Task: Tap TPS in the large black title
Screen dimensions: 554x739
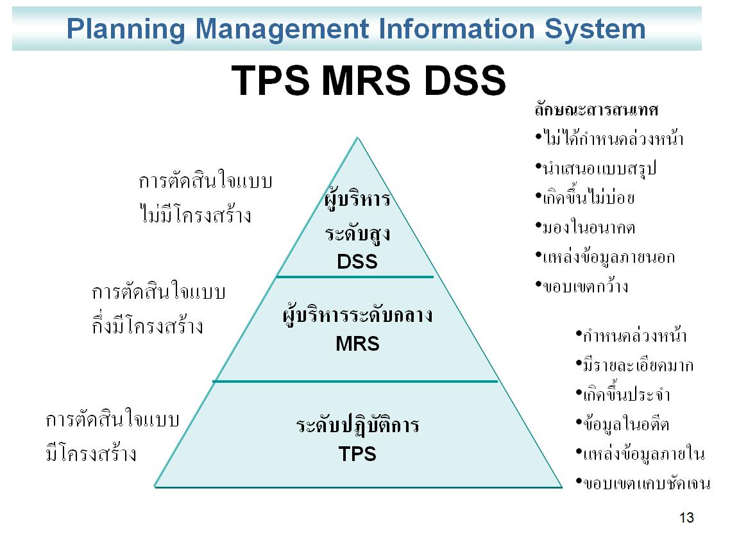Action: [x=271, y=81]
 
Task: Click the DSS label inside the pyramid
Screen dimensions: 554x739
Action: [x=357, y=262]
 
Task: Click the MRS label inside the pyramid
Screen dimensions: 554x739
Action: [x=357, y=344]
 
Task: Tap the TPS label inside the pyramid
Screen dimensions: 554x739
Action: [x=357, y=455]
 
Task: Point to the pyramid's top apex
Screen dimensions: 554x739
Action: [x=358, y=137]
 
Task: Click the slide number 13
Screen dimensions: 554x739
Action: [x=686, y=518]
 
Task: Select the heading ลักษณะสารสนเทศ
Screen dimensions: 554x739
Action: [x=597, y=110]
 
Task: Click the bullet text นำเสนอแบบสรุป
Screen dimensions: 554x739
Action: [x=600, y=169]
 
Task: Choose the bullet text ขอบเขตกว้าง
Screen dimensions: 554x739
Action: [x=586, y=286]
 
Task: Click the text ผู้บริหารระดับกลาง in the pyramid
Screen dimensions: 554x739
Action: [x=357, y=315]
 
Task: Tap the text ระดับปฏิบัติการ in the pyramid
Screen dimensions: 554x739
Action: [x=357, y=425]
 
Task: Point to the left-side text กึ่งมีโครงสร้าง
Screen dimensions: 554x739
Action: [x=148, y=326]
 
